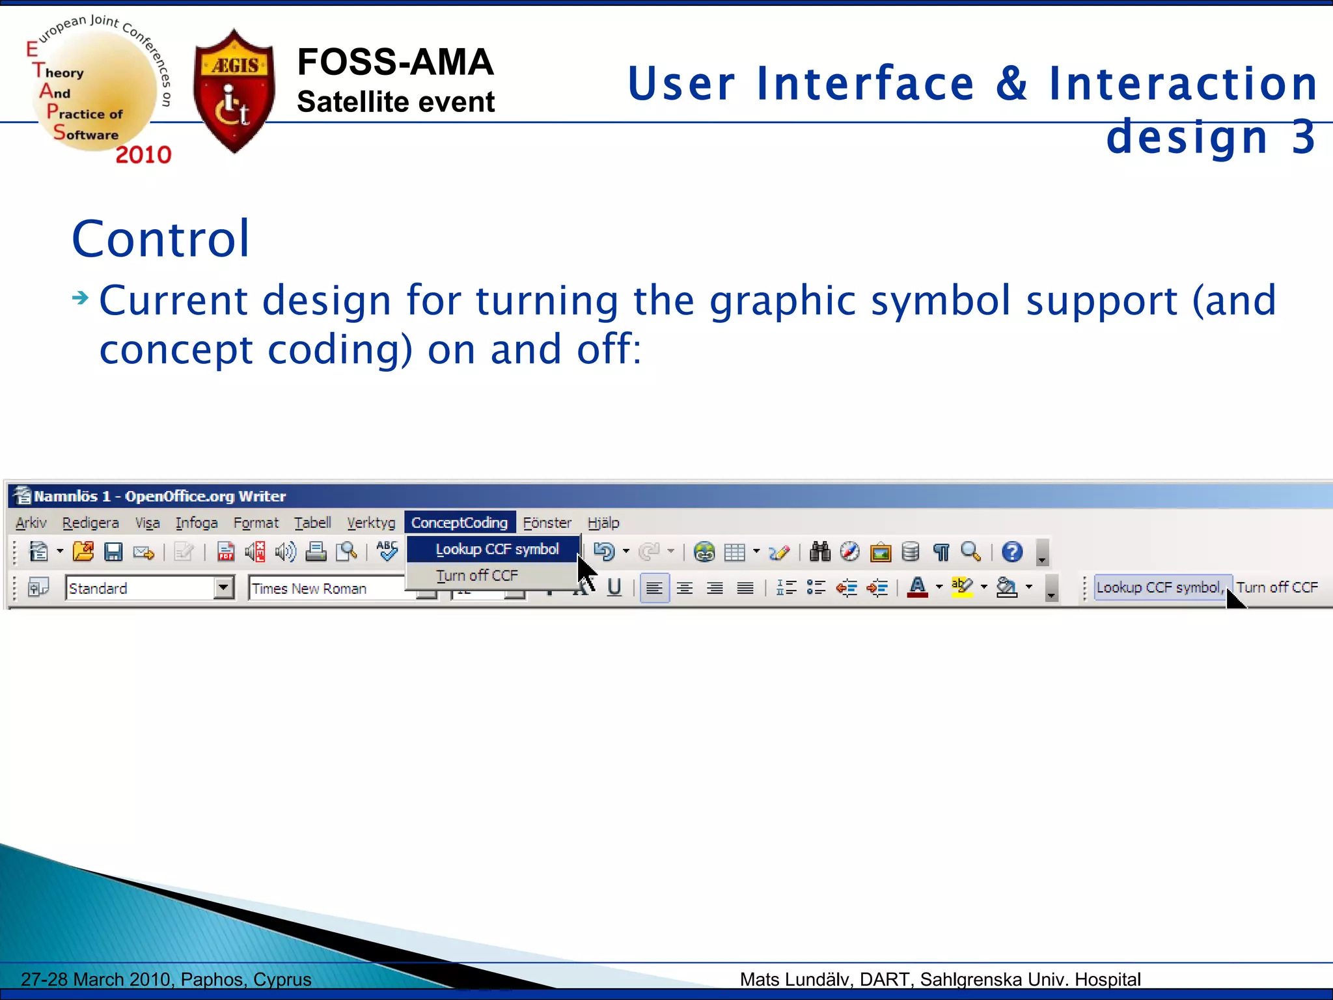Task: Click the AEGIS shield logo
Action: [234, 91]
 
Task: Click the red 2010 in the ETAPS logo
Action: [143, 155]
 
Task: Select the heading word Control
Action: [161, 239]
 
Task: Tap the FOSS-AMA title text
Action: [395, 62]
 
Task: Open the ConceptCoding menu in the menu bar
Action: [460, 523]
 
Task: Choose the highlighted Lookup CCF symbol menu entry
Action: [497, 549]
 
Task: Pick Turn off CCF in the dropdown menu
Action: [477, 576]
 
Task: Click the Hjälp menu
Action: [603, 523]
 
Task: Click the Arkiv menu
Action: [31, 523]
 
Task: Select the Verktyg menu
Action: [371, 523]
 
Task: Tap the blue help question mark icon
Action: [1012, 552]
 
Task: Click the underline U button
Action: [614, 587]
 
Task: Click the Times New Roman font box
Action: [325, 589]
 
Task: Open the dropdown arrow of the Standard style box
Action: [223, 588]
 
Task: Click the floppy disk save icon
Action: [114, 552]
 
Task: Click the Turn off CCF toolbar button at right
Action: [1277, 587]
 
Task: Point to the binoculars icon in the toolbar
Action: [820, 552]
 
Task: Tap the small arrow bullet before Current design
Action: [80, 298]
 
